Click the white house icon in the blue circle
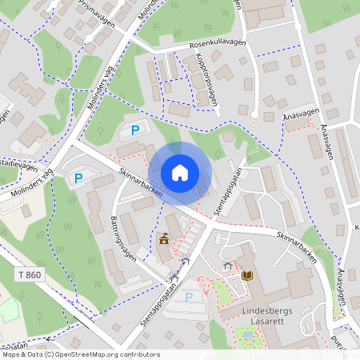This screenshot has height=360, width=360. (x=180, y=173)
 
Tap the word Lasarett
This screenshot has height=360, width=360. (x=250, y=322)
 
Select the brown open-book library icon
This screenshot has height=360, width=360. (x=246, y=276)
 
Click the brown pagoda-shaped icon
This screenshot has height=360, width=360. (x=164, y=238)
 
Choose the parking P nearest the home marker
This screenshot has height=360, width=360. (x=135, y=130)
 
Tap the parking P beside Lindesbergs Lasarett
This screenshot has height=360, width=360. (x=189, y=297)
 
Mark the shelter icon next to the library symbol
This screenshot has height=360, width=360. (x=227, y=265)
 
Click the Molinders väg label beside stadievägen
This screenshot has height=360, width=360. (x=34, y=184)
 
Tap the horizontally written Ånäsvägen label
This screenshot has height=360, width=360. (x=300, y=117)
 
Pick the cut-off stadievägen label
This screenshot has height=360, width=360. (x=18, y=166)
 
